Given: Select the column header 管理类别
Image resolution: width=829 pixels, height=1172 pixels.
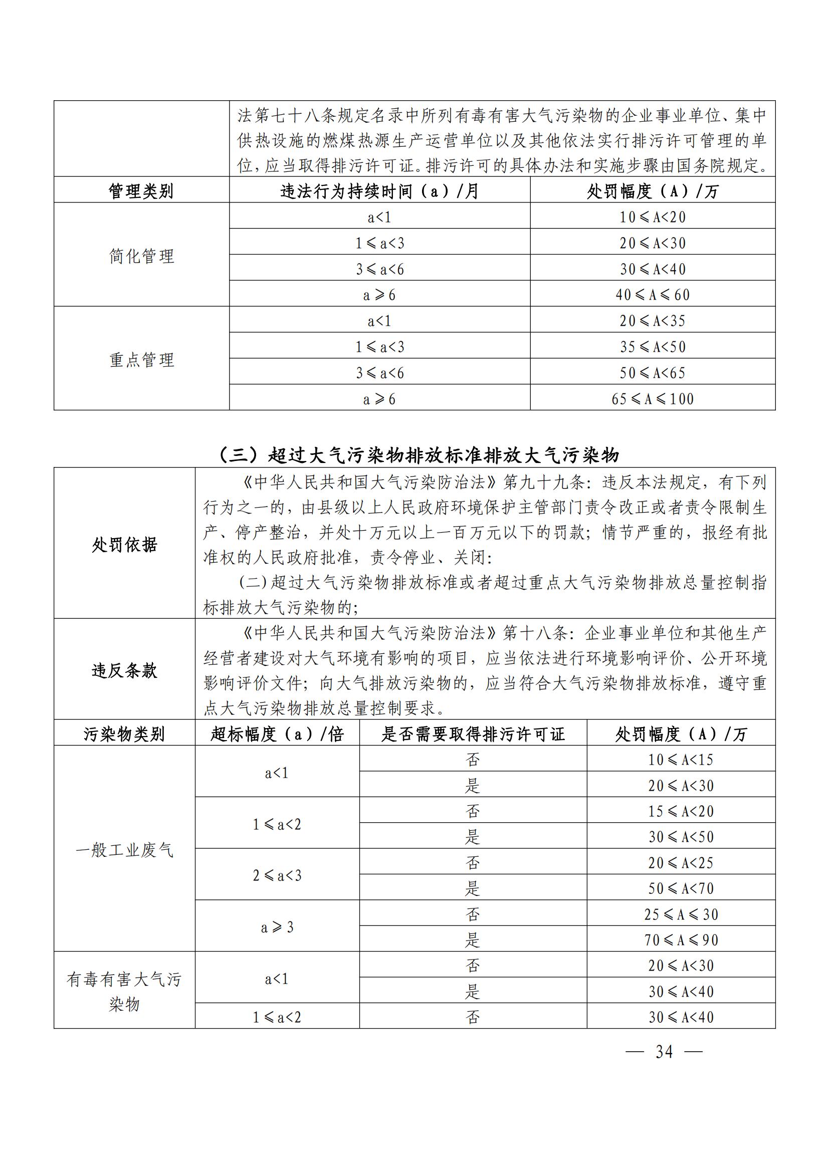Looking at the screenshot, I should [141, 191].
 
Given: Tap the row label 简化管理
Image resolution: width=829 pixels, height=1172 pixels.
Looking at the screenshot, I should [141, 256].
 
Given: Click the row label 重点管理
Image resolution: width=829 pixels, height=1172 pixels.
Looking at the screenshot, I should [141, 360].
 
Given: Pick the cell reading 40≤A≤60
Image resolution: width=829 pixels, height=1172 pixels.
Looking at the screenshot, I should [653, 295].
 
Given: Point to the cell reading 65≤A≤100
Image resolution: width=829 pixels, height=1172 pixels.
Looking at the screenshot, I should [653, 399].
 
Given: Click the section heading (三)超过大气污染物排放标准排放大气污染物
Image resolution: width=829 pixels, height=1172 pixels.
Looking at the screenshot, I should [419, 454].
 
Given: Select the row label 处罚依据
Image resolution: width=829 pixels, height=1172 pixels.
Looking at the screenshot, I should [125, 544].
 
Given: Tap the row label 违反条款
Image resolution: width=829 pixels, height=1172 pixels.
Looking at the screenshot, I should [125, 670].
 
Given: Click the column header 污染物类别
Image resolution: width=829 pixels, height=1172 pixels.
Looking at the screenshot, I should [125, 734].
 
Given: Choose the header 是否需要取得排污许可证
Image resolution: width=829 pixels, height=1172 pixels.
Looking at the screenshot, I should [473, 734].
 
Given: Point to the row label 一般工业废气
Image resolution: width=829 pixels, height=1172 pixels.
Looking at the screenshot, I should [125, 850].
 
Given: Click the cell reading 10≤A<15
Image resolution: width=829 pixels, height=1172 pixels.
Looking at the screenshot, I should [681, 760].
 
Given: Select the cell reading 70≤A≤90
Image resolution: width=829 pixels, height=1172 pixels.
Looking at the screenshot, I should [681, 940].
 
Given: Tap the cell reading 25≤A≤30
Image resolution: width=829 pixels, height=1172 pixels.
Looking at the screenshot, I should [681, 914].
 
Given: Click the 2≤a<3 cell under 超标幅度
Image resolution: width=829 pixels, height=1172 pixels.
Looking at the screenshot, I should [277, 875].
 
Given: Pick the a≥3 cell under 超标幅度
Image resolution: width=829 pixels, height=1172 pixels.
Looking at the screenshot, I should [277, 927].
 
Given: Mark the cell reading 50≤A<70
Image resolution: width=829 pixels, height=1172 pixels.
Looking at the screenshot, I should [681, 888].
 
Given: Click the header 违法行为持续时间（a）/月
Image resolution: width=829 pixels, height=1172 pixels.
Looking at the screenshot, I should [379, 191].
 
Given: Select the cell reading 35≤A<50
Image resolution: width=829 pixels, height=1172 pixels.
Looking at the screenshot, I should [653, 347].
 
